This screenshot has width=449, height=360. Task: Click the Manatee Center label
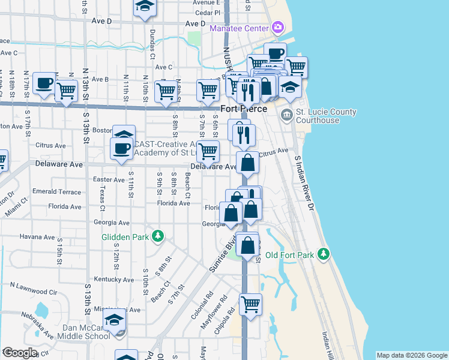[x=239, y=28]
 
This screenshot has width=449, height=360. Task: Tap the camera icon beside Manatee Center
[x=277, y=27]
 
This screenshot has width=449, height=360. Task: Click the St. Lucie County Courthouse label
[x=327, y=116]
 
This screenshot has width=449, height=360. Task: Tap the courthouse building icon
[x=286, y=114]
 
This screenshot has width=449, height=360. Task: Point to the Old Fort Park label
[x=289, y=255]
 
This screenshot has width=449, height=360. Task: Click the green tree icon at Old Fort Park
[x=324, y=254]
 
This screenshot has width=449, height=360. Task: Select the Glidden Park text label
[x=125, y=236]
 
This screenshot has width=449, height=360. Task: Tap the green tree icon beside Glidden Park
[x=158, y=236]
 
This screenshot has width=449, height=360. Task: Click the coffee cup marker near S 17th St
[x=44, y=83]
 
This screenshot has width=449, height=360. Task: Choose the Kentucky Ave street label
[x=114, y=280]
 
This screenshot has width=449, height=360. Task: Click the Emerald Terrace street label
[x=56, y=192]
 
